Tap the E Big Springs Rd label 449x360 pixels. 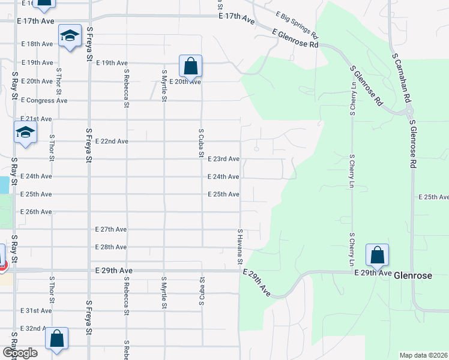click(x=297, y=25)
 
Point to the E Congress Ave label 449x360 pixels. click(x=44, y=100)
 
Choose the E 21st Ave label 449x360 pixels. click(x=36, y=119)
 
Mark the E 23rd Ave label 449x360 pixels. click(x=223, y=159)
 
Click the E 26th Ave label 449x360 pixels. click(x=36, y=212)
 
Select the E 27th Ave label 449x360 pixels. click(x=111, y=229)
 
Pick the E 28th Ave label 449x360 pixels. click(x=111, y=247)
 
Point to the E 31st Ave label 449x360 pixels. click(x=36, y=310)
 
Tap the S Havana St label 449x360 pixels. click(x=239, y=247)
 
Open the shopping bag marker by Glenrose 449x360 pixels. click(x=377, y=256)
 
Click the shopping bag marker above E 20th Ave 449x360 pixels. click(x=190, y=67)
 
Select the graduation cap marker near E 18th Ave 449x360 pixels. click(x=70, y=38)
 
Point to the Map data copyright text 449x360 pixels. click(x=424, y=355)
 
